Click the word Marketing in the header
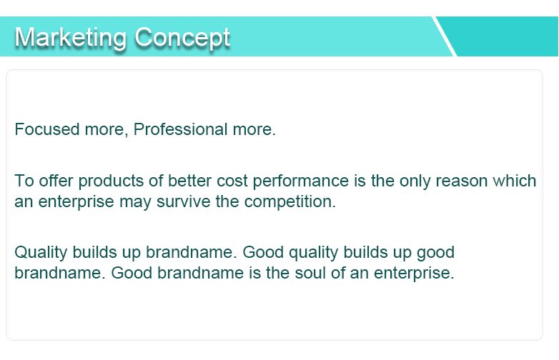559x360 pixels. pos(71,38)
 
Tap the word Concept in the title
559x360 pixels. pos(182,38)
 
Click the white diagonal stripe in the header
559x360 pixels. pos(444,36)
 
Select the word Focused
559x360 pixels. pos(46,129)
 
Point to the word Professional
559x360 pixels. pos(180,129)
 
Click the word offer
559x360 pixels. pos(56,181)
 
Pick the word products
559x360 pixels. pos(111,181)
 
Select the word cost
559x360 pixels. pos(232,181)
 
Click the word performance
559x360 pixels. pos(300,181)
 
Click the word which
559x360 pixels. pos(515,181)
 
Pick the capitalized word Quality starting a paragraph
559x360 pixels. pos(41,253)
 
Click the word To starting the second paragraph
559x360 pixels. pos(24,181)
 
